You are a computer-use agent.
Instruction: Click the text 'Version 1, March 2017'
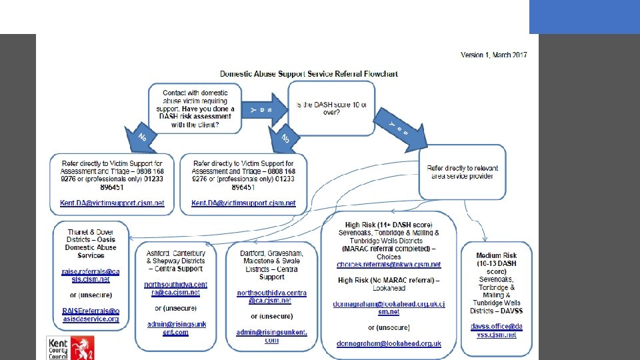(493, 55)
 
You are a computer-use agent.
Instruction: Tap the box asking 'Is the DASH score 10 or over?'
(331, 108)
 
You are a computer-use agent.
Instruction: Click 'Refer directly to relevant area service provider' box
(462, 172)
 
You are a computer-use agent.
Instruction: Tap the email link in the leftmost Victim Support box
(112, 203)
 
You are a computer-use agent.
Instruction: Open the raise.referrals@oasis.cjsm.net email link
(91, 275)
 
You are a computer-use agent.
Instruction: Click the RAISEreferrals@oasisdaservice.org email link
(91, 315)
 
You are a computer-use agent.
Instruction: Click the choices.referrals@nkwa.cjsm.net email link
(389, 265)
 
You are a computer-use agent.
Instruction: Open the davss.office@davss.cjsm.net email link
(497, 331)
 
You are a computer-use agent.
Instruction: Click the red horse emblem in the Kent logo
(83, 347)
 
